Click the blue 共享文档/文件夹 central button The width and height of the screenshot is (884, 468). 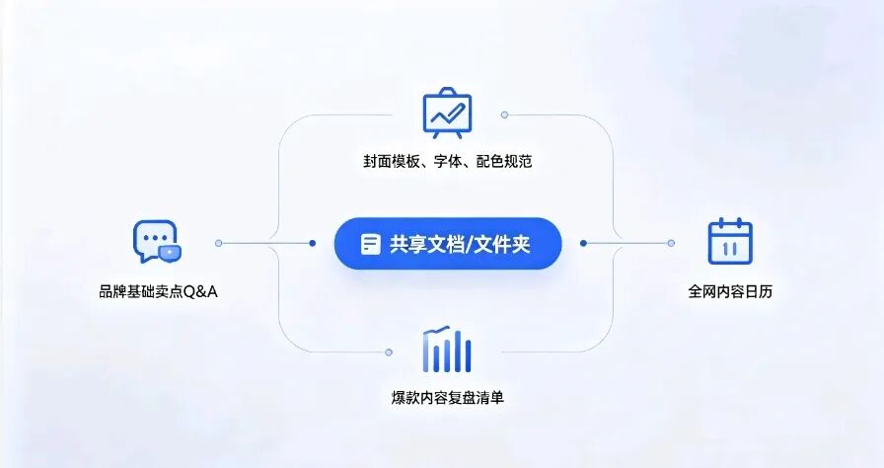point(448,244)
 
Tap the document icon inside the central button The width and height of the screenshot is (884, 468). point(370,244)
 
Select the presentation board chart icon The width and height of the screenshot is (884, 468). point(447,113)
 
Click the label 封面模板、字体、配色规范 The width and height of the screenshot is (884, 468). point(448,161)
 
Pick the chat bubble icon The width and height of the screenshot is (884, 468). point(157,241)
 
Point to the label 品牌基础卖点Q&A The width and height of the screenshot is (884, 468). point(159,291)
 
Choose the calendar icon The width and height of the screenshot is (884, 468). point(730,241)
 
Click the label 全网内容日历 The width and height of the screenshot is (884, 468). point(730,291)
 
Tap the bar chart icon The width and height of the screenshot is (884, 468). point(447,350)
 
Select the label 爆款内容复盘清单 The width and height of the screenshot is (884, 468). point(448,398)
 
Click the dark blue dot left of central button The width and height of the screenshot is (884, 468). point(313,243)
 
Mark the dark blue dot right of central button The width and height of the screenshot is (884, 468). point(583,243)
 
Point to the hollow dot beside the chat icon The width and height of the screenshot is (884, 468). point(219,243)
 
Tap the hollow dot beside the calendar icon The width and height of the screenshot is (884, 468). point(671,243)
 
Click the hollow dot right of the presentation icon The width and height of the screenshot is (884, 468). point(504,116)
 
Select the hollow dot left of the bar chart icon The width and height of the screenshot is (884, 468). point(389,352)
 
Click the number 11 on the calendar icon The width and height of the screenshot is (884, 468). point(730,249)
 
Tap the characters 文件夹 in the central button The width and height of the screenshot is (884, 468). point(502,244)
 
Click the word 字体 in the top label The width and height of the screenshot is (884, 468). point(448,161)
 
